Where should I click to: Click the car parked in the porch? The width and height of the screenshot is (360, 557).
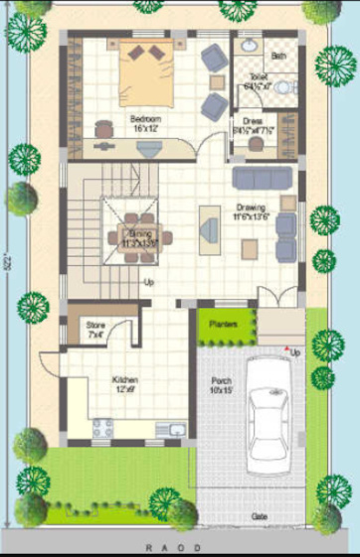[268, 414]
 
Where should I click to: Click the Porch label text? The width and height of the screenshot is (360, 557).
[221, 385]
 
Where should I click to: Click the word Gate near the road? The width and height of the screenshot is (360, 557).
[259, 517]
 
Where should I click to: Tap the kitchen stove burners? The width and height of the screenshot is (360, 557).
[103, 429]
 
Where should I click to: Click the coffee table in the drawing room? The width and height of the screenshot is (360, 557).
[210, 225]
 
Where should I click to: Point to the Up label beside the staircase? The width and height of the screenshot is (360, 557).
[150, 283]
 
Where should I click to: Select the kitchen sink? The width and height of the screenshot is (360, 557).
[175, 429]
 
